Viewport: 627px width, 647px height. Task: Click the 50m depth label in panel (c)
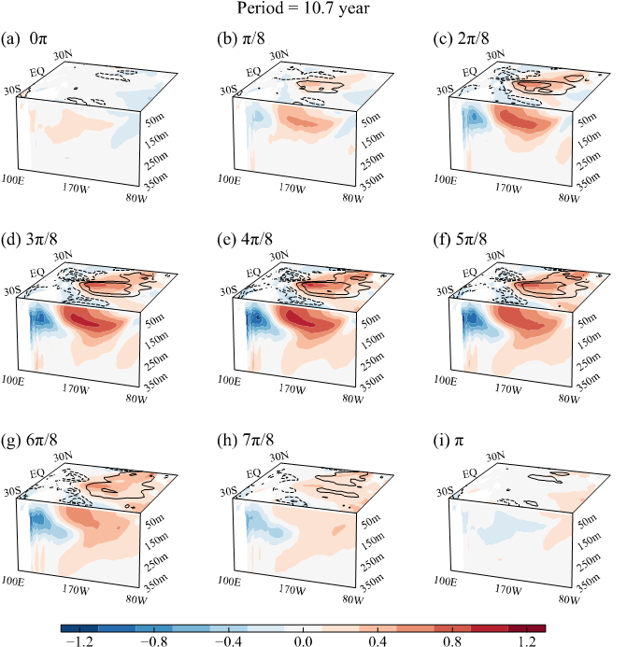tap(588, 120)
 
